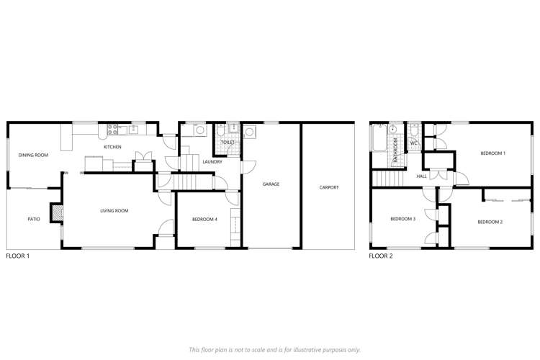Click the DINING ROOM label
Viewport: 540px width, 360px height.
click(x=33, y=155)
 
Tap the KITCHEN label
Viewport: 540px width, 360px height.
click(x=112, y=147)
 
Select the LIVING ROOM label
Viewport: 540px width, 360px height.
click(x=114, y=211)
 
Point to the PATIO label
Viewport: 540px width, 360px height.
click(x=34, y=219)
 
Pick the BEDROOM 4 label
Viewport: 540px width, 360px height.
click(x=205, y=220)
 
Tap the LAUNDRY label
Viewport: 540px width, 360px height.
click(x=212, y=162)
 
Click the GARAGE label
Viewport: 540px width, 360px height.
click(x=271, y=184)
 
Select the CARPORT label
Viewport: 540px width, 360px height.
click(x=329, y=188)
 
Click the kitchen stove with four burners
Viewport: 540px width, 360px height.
click(x=112, y=130)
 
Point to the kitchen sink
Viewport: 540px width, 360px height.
click(x=133, y=130)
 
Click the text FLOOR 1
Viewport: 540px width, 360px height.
click(x=17, y=256)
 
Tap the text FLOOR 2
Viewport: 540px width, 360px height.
click(x=380, y=256)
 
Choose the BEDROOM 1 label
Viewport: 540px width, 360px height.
click(x=493, y=153)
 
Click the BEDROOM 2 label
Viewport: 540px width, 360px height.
click(x=490, y=222)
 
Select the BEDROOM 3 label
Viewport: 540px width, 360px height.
click(x=403, y=219)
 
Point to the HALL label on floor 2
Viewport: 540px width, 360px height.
click(x=422, y=176)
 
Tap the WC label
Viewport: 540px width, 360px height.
click(x=414, y=143)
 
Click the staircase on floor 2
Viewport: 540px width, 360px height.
click(x=386, y=179)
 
